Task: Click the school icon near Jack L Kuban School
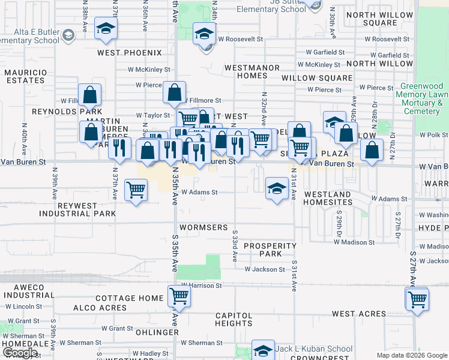tap(263, 350)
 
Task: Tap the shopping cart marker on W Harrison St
tap(179, 296)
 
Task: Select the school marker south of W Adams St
tap(276, 189)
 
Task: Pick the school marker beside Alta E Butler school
tap(106, 29)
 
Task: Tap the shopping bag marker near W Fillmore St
tap(174, 93)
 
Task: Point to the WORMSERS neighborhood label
tap(205, 228)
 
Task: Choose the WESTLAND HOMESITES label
tap(327, 199)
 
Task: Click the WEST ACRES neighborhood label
tap(358, 314)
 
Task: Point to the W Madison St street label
tap(354, 242)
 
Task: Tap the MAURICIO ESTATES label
tap(26, 77)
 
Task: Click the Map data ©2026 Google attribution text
tap(411, 355)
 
